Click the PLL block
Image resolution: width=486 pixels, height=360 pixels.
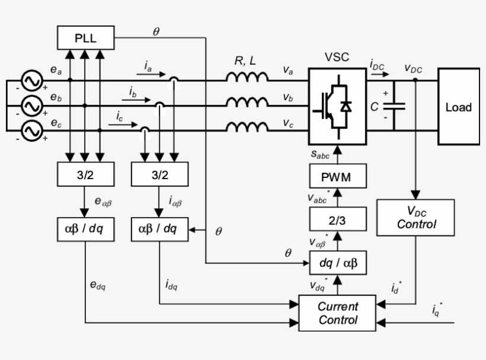pyautogui.click(x=85, y=39)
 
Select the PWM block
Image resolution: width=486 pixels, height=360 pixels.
pyautogui.click(x=337, y=177)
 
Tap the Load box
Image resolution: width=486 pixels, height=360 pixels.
pyautogui.click(x=458, y=107)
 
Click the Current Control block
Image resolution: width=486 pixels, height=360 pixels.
pyautogui.click(x=338, y=314)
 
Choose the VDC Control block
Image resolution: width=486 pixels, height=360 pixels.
pyautogui.click(x=416, y=218)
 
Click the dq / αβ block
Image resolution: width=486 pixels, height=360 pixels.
pyautogui.click(x=338, y=261)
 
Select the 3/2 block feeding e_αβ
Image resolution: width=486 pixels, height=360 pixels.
pyautogui.click(x=85, y=176)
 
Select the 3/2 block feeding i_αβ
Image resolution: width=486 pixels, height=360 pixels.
pyautogui.click(x=159, y=176)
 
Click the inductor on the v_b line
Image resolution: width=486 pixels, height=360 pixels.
pyautogui.click(x=247, y=103)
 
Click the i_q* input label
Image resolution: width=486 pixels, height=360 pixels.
pyautogui.click(x=437, y=308)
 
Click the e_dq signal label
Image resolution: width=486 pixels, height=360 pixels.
pyautogui.click(x=98, y=285)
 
